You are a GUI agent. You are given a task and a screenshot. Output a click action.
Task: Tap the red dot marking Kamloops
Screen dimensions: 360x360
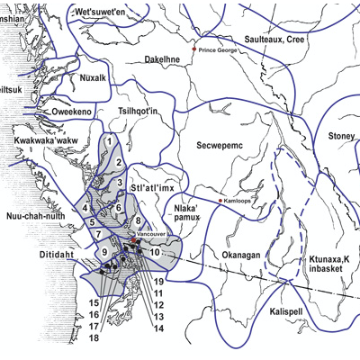[x=220, y=200]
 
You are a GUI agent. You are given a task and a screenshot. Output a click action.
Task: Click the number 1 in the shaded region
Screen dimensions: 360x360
[x=109, y=141]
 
